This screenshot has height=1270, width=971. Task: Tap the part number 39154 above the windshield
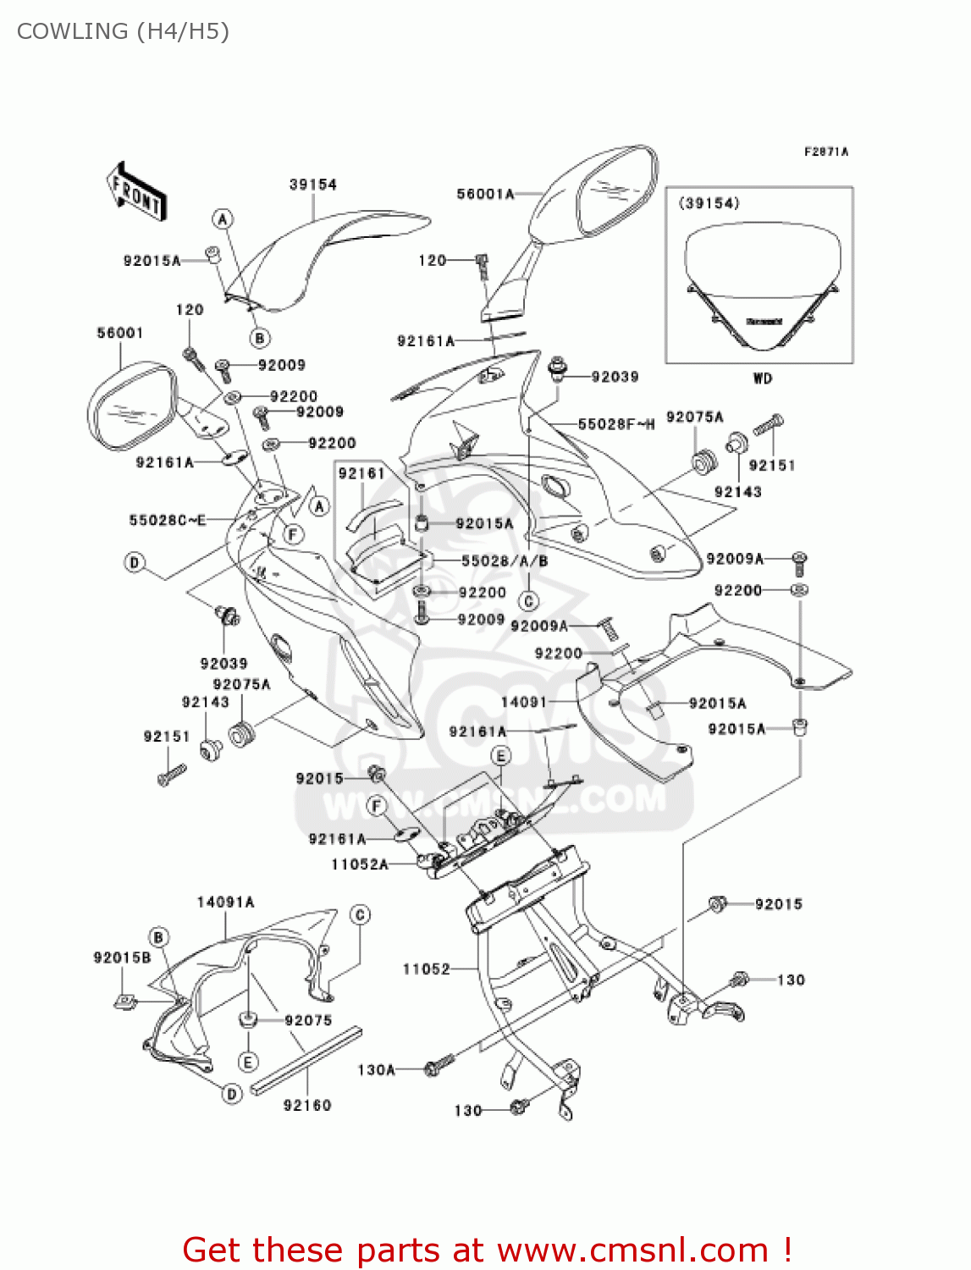point(312,185)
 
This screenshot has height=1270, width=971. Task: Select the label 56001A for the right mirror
point(485,194)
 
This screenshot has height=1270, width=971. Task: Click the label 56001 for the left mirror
point(119,333)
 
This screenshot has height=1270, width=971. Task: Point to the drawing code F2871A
point(825,152)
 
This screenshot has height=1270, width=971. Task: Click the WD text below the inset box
point(762,378)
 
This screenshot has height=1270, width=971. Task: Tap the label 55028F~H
point(615,424)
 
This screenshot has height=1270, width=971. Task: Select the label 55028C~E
point(168,520)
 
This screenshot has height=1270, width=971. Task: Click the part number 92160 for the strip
point(306,1105)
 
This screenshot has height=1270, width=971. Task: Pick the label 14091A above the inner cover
point(225,903)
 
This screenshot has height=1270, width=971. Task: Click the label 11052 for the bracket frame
point(426,969)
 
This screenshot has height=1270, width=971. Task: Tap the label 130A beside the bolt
point(376,1070)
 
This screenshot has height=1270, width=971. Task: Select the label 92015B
point(122,958)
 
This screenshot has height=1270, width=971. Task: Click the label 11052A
point(360,864)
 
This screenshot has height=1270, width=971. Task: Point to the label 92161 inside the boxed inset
point(361,474)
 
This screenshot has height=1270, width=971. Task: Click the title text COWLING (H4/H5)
point(123,31)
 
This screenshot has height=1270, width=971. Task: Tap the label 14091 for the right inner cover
point(523,702)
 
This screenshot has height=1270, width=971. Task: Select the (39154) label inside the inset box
point(709,203)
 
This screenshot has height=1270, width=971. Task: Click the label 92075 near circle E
point(308,1020)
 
